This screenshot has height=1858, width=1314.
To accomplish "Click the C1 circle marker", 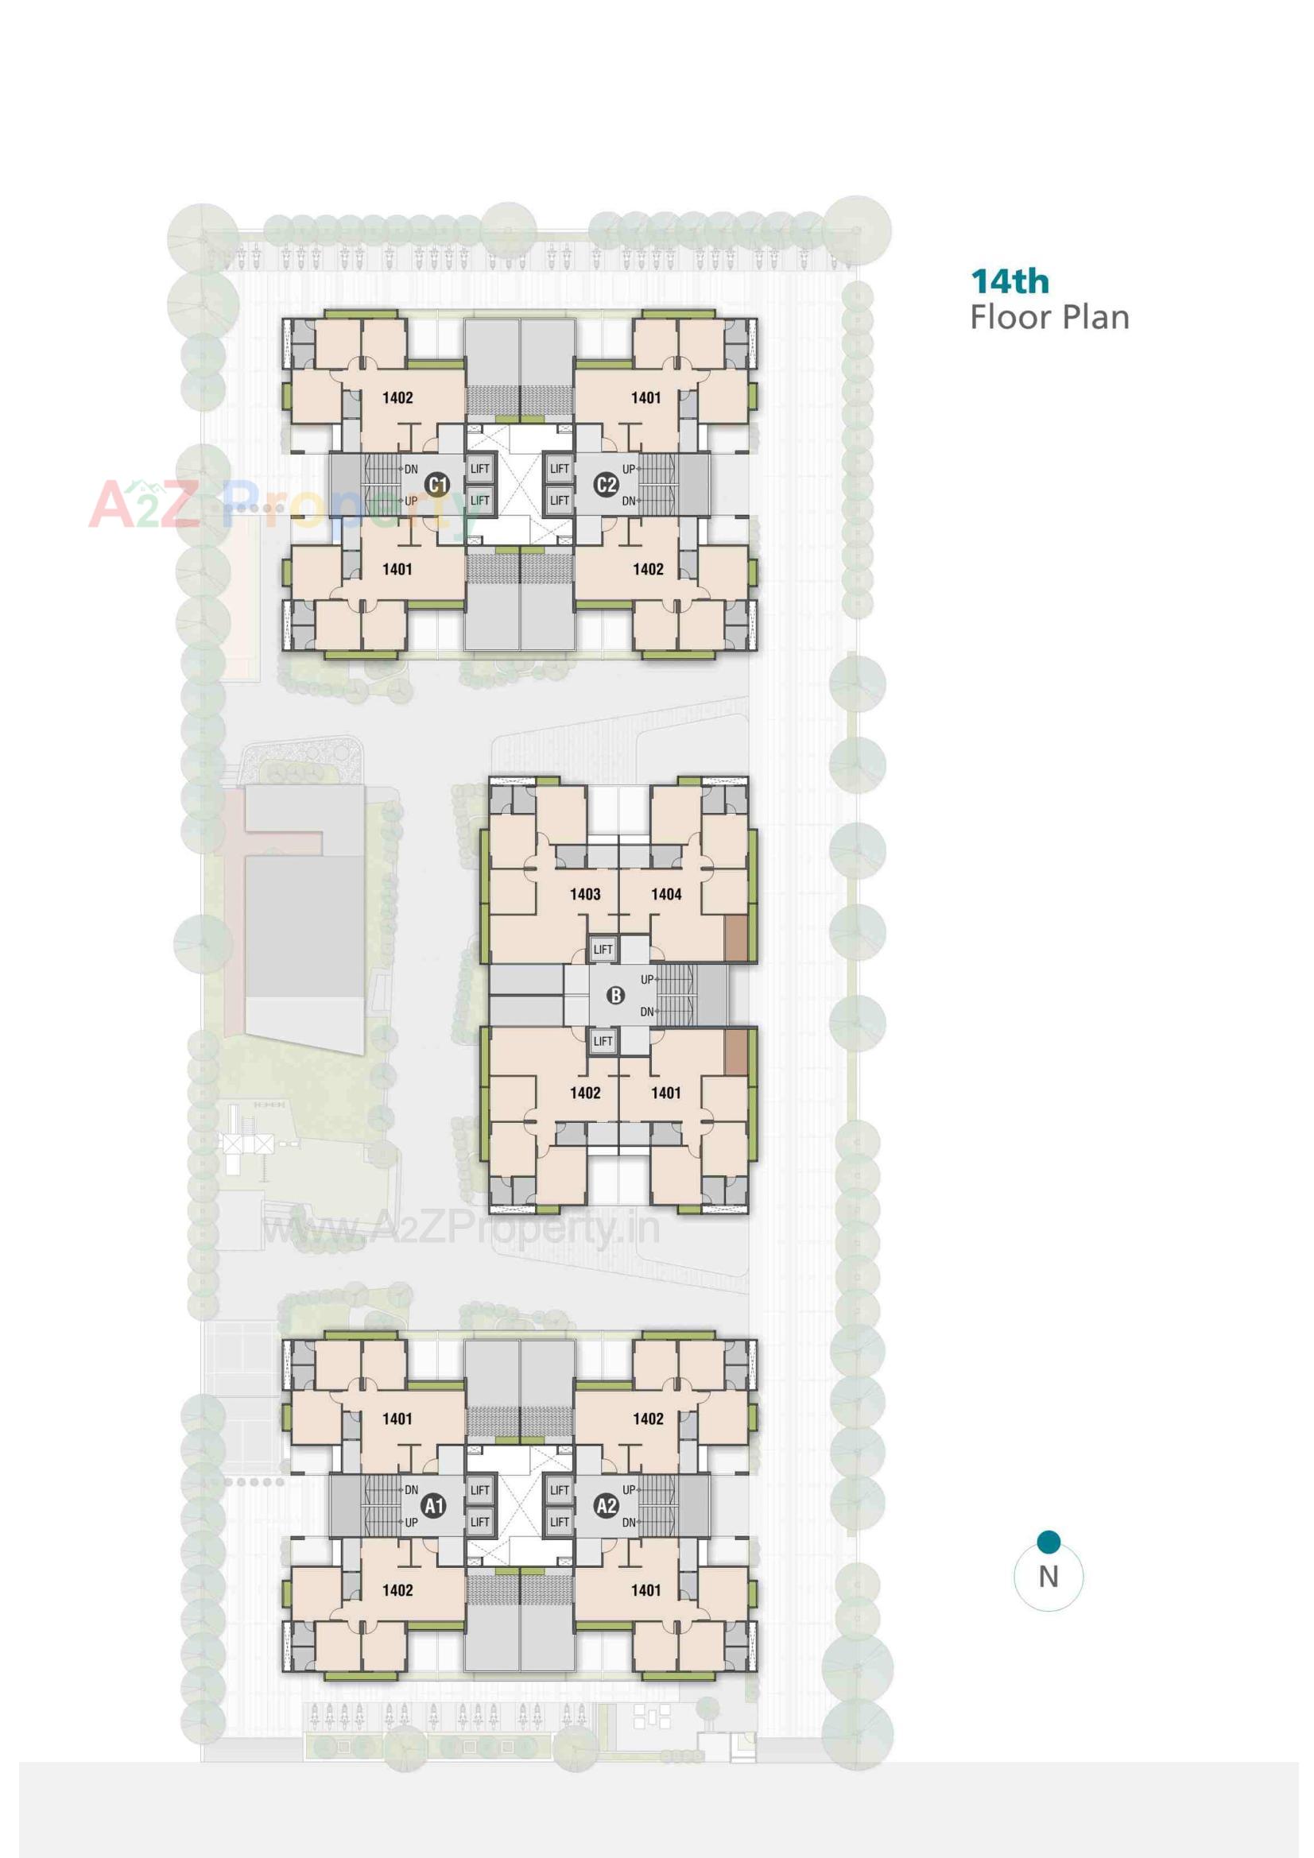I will pyautogui.click(x=437, y=485).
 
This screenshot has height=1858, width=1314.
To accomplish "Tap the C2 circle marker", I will pyautogui.click(x=606, y=485).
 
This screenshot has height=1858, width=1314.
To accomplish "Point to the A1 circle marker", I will pyautogui.click(x=434, y=1506).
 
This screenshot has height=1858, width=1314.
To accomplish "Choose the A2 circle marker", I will pyautogui.click(x=606, y=1506).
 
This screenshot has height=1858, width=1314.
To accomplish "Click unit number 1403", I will pyautogui.click(x=584, y=894).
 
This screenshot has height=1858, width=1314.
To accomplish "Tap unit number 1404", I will pyautogui.click(x=665, y=894).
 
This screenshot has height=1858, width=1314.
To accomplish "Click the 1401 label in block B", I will pyautogui.click(x=665, y=1094).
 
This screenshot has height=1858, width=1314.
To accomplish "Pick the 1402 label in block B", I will pyautogui.click(x=584, y=1094).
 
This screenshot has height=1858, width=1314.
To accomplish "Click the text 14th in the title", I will pyautogui.click(x=1010, y=282).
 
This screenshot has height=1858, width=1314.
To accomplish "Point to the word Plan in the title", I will pyautogui.click(x=1095, y=317).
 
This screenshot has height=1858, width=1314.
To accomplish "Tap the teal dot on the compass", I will pyautogui.click(x=1048, y=1542).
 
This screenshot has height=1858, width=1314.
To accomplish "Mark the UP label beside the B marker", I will pyautogui.click(x=647, y=980).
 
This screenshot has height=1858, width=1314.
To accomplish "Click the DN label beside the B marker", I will pyautogui.click(x=647, y=1012).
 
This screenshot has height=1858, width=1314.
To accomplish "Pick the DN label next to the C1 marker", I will pyautogui.click(x=410, y=470).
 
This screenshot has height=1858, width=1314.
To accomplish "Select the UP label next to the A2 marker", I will pyautogui.click(x=629, y=1490).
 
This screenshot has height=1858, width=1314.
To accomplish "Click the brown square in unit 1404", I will pyautogui.click(x=736, y=938).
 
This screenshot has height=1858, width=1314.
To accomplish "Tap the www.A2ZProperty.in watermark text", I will pyautogui.click(x=462, y=1229).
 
